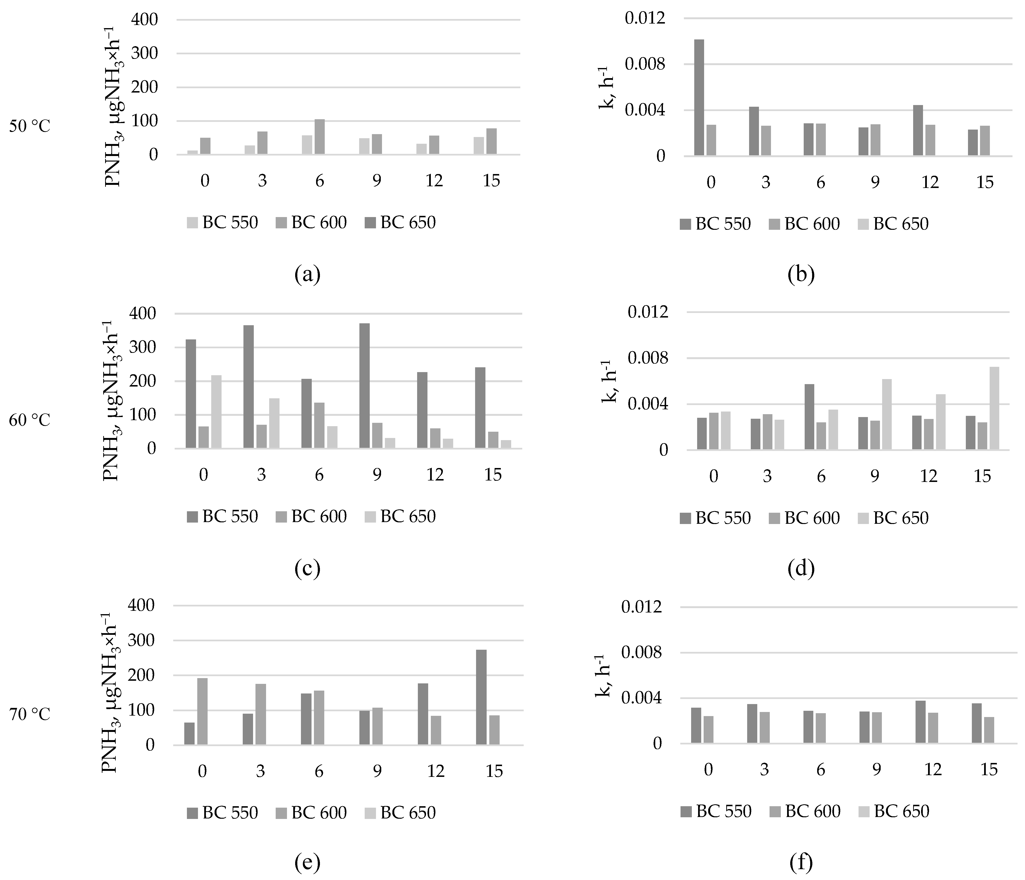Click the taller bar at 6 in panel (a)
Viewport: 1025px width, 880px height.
(x=319, y=137)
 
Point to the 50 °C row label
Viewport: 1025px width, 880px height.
(x=30, y=127)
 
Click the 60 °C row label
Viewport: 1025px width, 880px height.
(x=30, y=420)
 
